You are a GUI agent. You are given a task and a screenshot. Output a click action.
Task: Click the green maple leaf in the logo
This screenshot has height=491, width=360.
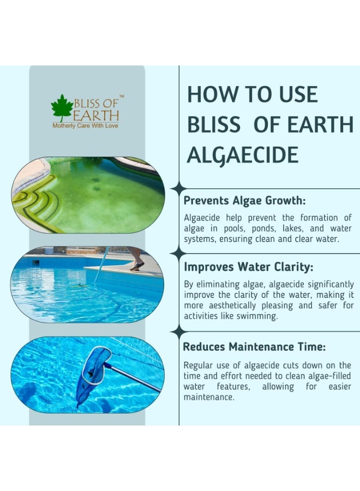(62, 107)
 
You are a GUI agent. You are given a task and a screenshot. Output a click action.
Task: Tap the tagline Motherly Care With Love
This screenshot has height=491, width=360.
(85, 126)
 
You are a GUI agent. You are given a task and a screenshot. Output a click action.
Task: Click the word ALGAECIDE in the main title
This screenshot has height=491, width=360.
(243, 155)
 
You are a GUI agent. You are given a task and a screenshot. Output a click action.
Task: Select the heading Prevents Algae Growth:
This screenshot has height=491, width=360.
(244, 200)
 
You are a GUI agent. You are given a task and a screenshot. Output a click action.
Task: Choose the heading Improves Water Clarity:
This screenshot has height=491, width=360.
(249, 267)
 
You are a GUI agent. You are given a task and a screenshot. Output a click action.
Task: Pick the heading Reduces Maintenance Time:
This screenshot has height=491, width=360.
(254, 346)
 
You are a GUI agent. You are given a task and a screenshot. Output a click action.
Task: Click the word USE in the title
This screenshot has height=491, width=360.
(298, 94)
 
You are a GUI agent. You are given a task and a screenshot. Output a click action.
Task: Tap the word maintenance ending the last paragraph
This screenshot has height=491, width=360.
(209, 397)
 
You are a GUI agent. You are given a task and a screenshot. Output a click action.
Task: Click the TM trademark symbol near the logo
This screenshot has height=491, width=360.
(122, 96)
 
